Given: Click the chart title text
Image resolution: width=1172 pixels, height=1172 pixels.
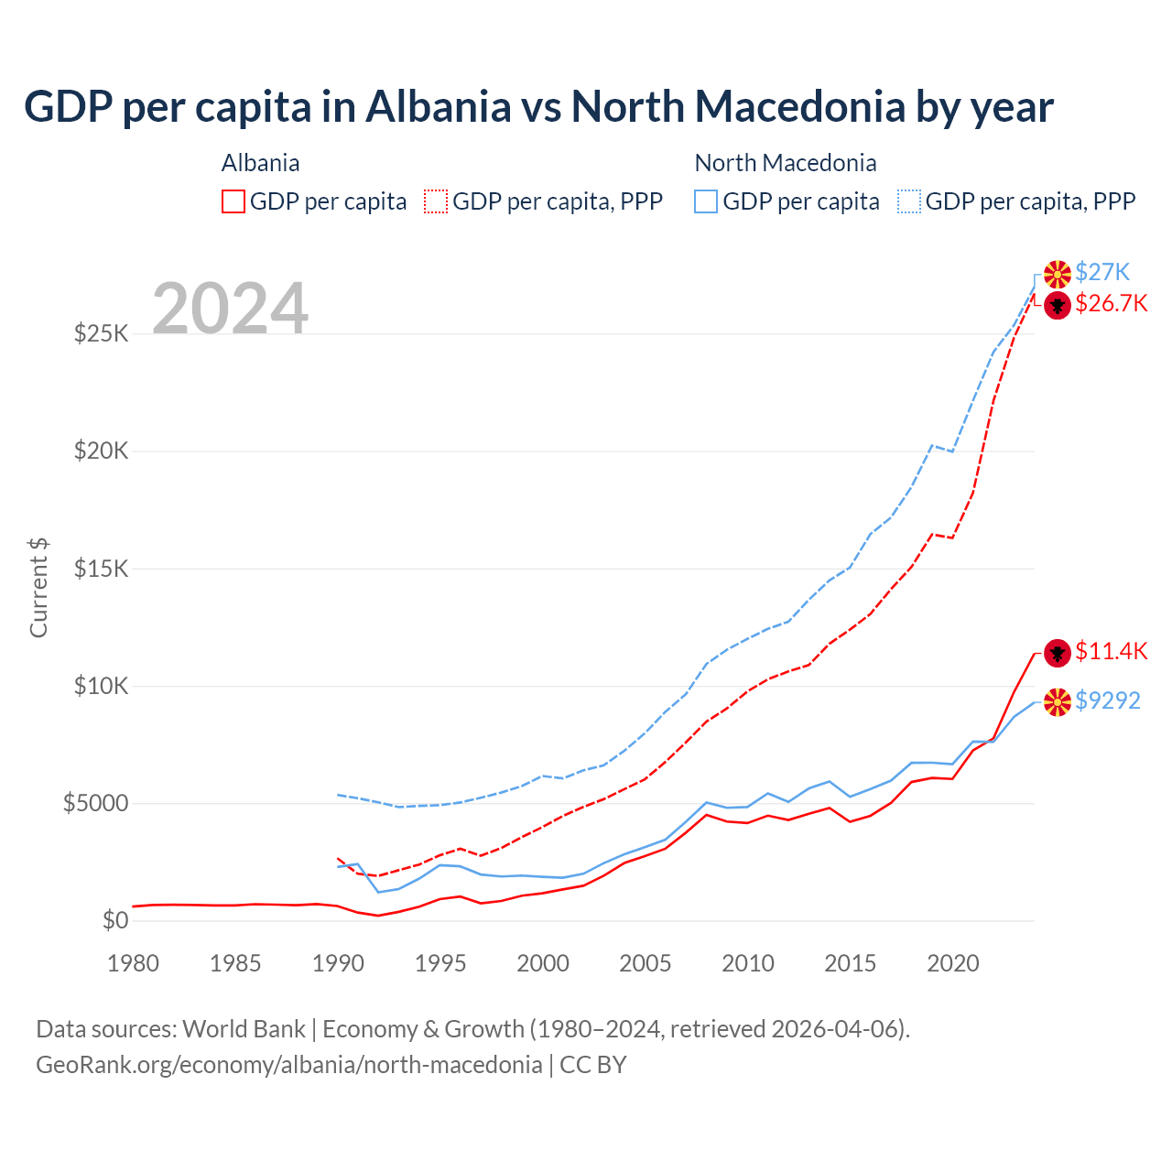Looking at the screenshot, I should coord(538,107).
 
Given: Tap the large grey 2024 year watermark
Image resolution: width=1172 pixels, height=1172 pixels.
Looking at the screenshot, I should coord(230,309).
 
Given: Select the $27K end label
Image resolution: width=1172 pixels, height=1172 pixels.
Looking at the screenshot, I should coord(1102,272).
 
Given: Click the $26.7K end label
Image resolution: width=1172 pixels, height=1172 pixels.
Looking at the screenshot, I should coord(1111,303).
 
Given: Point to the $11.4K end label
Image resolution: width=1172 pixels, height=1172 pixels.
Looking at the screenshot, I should coord(1111,651).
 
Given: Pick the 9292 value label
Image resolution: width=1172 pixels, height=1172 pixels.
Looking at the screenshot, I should coord(1108,700).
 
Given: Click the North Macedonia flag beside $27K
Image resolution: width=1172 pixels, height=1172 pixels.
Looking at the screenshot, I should coord(1058,274).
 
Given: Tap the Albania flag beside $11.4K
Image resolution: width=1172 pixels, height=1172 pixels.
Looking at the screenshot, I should coord(1058,653).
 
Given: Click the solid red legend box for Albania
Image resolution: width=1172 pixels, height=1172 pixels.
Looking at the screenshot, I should coord(233,201).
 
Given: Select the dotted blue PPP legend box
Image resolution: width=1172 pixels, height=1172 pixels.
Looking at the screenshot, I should coord(909,201).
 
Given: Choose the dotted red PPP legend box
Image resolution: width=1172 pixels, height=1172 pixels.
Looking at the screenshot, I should coord(437,201).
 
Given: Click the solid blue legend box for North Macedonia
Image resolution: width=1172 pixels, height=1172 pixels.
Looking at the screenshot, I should coord(706,201).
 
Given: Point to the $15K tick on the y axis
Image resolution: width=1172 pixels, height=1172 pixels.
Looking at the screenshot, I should coord(101,569).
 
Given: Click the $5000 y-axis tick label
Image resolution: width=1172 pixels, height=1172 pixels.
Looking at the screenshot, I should coord(95,803).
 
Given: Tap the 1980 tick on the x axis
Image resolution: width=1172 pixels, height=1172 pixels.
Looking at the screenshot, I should coord(133,963).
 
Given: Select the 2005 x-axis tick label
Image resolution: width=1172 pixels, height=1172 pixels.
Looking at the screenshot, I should coord(646,963).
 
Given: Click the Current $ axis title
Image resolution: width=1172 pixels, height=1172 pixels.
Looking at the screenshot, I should coord(38,587).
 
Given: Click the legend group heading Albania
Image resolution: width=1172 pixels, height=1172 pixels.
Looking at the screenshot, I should coord(260,163).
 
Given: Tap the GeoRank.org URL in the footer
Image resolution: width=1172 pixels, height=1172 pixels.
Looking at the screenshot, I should coord(288,1065).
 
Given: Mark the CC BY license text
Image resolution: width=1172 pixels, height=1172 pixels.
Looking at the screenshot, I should coord(593,1065).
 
